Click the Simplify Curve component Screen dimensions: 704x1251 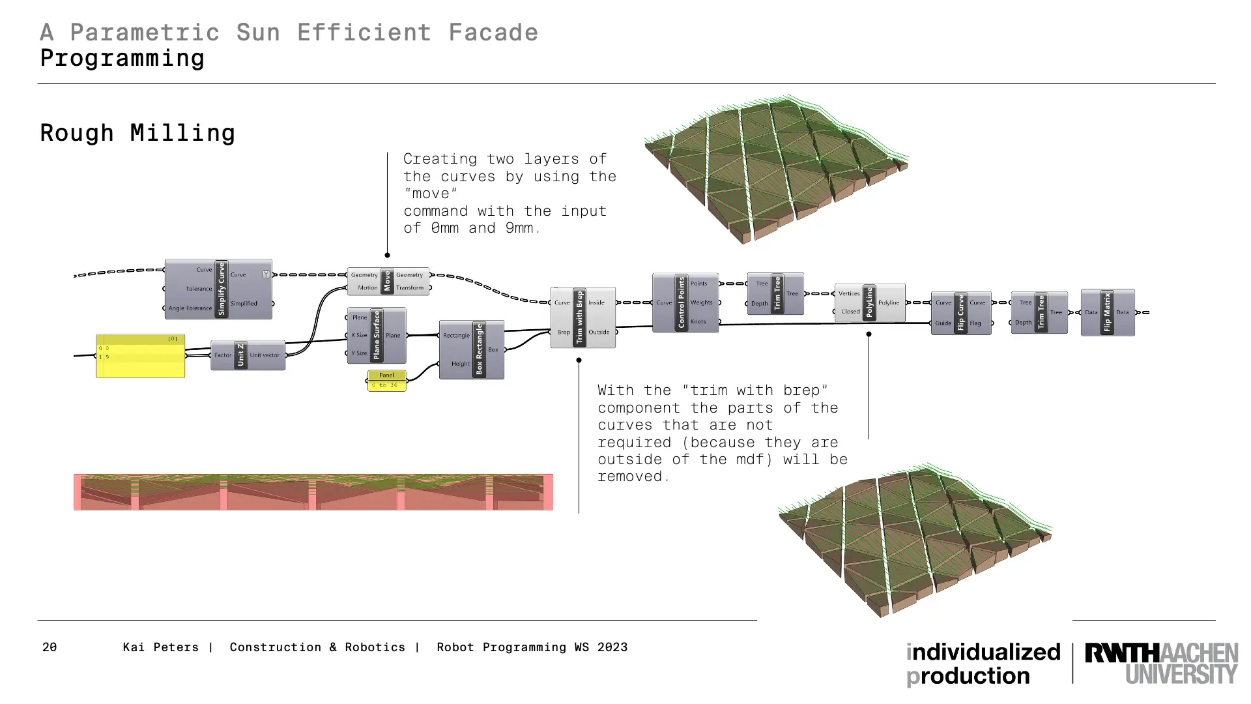(x=221, y=289)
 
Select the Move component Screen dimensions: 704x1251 (x=387, y=281)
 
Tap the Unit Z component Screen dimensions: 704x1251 (x=240, y=355)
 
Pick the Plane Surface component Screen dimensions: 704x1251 (x=376, y=335)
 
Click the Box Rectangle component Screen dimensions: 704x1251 (x=479, y=349)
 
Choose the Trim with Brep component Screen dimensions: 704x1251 (x=579, y=317)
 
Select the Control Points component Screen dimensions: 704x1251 (x=682, y=302)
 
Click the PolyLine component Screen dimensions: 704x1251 (x=869, y=302)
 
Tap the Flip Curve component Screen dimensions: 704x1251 (x=960, y=313)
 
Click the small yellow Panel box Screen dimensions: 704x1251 (x=386, y=381)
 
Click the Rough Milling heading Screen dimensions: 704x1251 (x=137, y=133)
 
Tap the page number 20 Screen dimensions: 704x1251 (x=50, y=647)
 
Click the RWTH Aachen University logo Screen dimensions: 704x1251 (x=1161, y=664)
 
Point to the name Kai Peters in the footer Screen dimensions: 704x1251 (x=160, y=647)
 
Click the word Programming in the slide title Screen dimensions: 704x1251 (x=122, y=58)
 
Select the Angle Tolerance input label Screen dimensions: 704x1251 (x=190, y=308)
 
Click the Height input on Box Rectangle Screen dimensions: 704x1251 (x=460, y=364)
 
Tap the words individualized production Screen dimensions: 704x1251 (x=983, y=664)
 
